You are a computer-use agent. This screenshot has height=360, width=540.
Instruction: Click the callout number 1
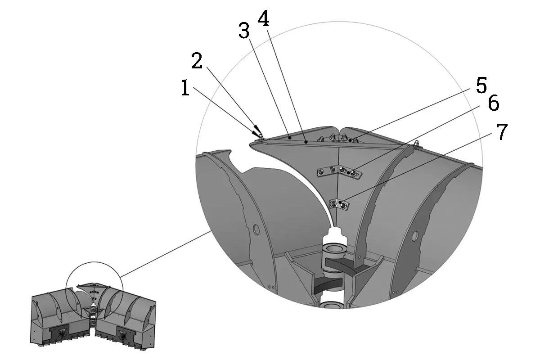click(x=185, y=89)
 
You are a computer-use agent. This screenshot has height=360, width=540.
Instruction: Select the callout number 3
click(x=243, y=31)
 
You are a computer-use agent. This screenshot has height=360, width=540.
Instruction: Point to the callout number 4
click(x=263, y=18)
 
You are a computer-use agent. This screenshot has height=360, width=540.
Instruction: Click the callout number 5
click(x=481, y=85)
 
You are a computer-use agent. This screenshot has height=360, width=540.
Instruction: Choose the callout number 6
click(x=493, y=104)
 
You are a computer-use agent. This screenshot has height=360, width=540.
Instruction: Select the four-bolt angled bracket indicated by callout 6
click(x=338, y=172)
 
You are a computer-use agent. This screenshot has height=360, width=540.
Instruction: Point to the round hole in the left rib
click(x=256, y=229)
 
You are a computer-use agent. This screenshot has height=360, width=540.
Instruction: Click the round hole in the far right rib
click(x=415, y=234)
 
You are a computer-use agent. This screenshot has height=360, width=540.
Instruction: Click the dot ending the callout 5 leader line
click(x=350, y=141)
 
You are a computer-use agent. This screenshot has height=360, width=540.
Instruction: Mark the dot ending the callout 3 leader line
click(x=290, y=136)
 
